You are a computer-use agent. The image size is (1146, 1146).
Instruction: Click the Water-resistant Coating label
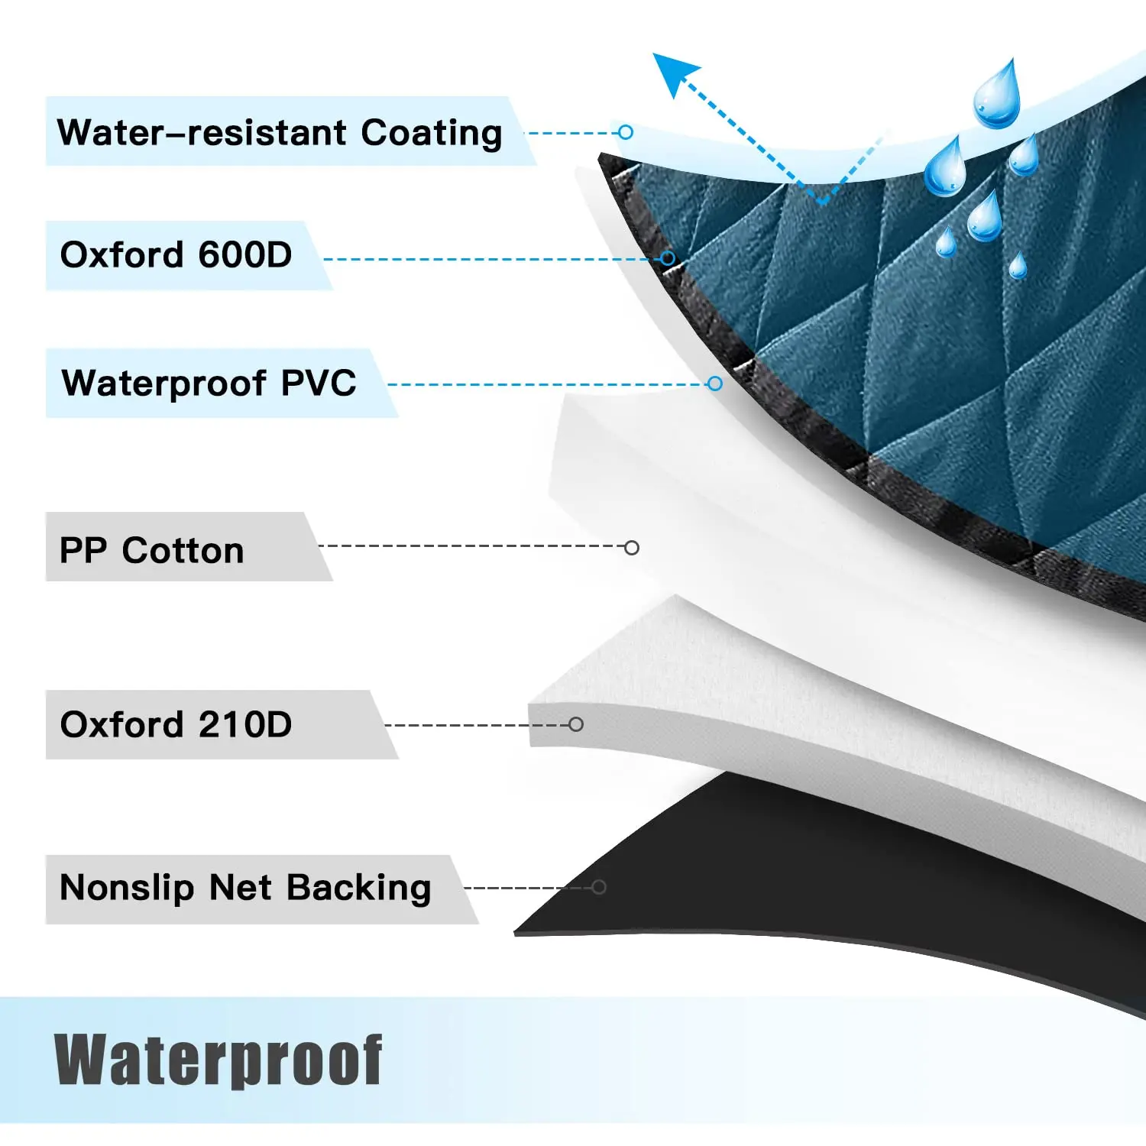[x=280, y=133]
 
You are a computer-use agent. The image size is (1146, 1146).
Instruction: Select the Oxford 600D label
[x=176, y=255]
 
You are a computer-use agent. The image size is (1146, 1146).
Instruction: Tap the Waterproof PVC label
[x=209, y=383]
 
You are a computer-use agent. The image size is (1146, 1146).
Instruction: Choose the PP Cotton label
[x=151, y=550]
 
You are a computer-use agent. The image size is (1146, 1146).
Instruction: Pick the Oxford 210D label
[x=176, y=724]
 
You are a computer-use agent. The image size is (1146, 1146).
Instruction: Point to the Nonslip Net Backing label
[x=245, y=889]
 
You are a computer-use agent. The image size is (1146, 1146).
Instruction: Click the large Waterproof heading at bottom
[x=219, y=1060]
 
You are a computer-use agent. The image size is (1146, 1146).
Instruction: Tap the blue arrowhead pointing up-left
[x=674, y=73]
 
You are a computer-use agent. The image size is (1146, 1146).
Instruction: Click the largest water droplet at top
[x=997, y=94]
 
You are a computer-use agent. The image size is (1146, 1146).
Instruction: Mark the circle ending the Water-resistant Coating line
[x=626, y=132]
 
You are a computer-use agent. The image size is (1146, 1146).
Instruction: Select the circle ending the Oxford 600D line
[x=668, y=258]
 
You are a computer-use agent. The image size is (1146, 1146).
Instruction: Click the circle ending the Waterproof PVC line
[x=715, y=384]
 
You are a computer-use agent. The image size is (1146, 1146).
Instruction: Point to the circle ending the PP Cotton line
[x=632, y=548]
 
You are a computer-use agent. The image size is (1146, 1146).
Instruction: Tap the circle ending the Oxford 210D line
[x=576, y=724]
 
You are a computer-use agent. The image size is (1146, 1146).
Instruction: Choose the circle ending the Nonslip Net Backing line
[x=599, y=887]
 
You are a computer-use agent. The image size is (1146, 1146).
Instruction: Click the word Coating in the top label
[x=432, y=134]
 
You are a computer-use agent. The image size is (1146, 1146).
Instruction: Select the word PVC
[x=319, y=383]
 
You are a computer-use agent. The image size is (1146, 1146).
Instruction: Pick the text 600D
[x=245, y=255]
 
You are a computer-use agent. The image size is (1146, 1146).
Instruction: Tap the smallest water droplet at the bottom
[x=1018, y=267]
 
